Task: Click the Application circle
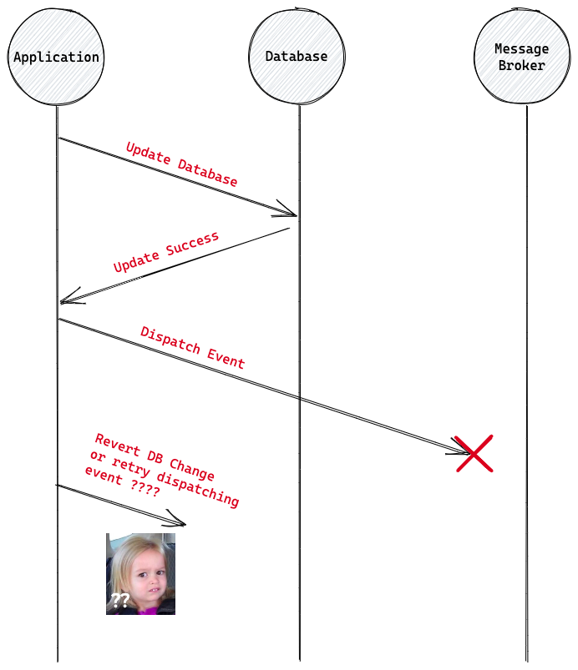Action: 56,57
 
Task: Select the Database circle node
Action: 297,57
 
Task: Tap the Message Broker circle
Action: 522,57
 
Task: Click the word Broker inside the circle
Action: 522,65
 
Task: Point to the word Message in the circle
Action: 522,48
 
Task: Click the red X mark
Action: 474,454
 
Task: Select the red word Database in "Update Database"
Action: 207,172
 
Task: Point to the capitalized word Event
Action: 226,359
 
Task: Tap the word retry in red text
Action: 132,466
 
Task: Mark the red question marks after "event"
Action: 145,490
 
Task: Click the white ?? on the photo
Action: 120,599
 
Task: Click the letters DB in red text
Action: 155,455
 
